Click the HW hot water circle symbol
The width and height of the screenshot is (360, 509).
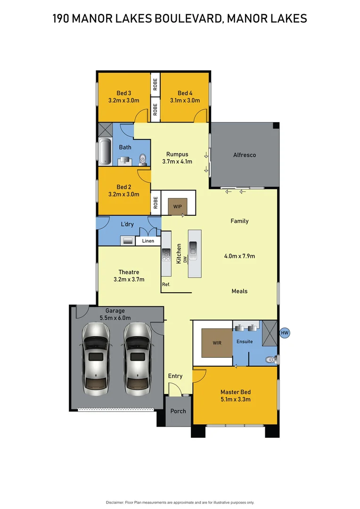[x=284, y=333]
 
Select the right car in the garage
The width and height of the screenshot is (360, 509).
[x=138, y=358]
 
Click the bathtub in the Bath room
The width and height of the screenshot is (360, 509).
[x=105, y=152]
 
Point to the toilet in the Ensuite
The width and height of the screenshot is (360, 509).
[x=270, y=360]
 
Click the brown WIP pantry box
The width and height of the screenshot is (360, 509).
[x=178, y=206]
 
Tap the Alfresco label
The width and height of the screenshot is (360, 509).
[x=245, y=155]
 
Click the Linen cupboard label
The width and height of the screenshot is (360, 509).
[x=148, y=241]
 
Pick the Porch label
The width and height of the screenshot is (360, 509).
[x=178, y=411]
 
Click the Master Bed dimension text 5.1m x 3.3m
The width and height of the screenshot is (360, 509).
[x=235, y=400]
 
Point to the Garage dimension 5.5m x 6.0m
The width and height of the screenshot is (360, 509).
[x=115, y=318]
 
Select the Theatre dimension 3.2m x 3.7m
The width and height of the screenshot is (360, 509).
[x=129, y=279]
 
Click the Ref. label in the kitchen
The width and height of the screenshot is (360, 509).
[x=166, y=285]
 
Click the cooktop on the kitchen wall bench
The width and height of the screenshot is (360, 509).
[x=166, y=255]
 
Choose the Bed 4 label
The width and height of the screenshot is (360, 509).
[x=185, y=93]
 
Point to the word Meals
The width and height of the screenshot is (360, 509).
[x=239, y=291]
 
